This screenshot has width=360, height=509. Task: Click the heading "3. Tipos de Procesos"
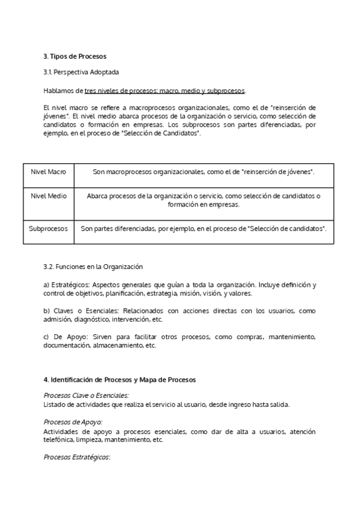click(x=74, y=56)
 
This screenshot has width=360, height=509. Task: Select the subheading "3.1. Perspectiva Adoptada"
click(x=81, y=72)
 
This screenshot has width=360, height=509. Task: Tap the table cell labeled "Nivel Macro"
click(x=49, y=172)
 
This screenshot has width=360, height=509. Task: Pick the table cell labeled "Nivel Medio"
click(x=49, y=196)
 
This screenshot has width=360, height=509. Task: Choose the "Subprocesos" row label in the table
click(x=49, y=229)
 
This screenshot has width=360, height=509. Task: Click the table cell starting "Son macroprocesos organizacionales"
click(x=204, y=172)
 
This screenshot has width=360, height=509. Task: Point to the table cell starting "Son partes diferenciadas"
click(x=204, y=229)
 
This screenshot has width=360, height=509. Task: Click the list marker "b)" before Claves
click(x=47, y=312)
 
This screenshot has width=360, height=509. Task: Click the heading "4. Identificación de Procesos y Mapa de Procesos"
click(x=119, y=380)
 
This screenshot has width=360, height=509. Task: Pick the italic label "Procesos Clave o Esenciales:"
click(x=86, y=396)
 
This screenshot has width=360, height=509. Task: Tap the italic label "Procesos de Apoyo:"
click(x=73, y=423)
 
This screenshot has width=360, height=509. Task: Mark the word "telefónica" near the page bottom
click(x=60, y=439)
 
